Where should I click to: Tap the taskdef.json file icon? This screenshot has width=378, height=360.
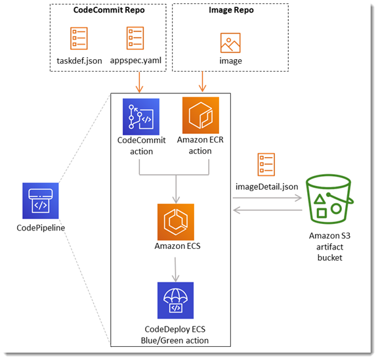click(79, 39)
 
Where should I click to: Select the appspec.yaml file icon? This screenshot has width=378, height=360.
click(135, 39)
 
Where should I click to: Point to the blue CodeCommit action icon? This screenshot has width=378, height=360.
click(141, 116)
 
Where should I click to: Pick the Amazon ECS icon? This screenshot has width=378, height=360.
click(175, 221)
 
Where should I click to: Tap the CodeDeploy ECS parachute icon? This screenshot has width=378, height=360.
click(175, 300)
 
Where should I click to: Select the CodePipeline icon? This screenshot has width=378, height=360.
click(41, 202)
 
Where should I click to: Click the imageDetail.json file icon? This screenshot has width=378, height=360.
click(266, 166)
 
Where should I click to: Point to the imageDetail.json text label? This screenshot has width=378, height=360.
click(266, 187)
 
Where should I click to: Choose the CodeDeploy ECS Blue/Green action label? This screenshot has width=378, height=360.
click(175, 334)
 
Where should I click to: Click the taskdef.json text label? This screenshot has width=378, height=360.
click(79, 61)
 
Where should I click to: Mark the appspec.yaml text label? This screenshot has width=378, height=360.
click(135, 61)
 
